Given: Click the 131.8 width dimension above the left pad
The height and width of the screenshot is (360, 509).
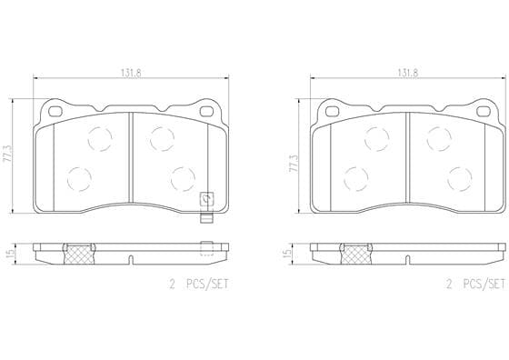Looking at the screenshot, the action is [131, 74].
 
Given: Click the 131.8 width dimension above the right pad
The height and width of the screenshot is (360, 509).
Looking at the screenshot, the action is [408, 74].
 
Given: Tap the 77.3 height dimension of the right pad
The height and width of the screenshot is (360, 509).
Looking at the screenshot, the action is [294, 164].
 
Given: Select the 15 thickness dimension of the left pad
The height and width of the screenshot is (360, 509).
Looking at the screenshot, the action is [10, 254].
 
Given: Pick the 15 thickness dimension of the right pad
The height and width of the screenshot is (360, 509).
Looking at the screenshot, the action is [286, 254].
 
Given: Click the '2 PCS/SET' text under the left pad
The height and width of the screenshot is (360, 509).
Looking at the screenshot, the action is [199, 285].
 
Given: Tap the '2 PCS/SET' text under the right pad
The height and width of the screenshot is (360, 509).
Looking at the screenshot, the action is [476, 285].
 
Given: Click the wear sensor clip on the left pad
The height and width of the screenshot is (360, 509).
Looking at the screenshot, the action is [206, 208].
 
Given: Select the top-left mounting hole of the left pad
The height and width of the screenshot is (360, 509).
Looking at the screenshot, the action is [55, 111].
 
